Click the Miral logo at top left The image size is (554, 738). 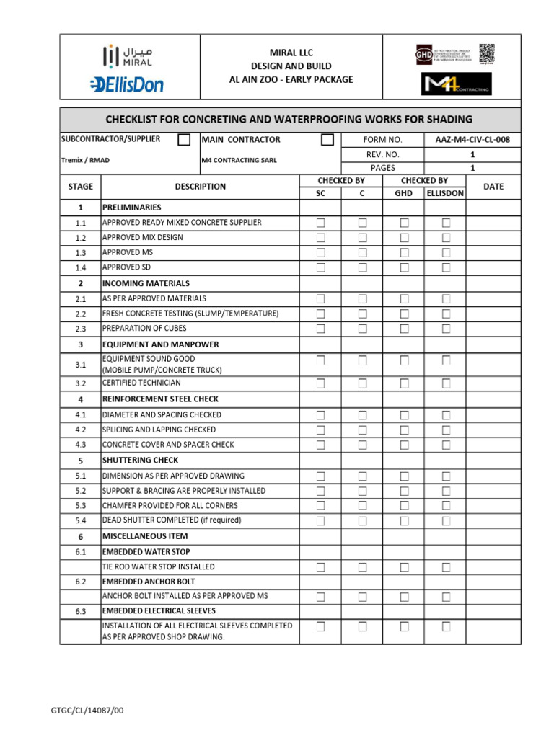coord(127,57)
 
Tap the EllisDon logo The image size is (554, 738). coord(127,84)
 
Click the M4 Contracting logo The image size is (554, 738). coord(456,84)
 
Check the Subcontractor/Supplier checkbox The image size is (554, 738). coord(184,140)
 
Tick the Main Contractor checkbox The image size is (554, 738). coord(327,140)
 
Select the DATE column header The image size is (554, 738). coord(493,187)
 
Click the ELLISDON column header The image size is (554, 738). coord(445,193)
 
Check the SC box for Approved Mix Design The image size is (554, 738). coord(321,237)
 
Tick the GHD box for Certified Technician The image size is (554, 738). coord(405,383)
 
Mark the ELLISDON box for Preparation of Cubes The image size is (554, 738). coord(446,329)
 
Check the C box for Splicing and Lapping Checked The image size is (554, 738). coord(362,430)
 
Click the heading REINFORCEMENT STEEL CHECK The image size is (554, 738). coord(160,399)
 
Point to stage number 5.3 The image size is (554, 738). coord(80,506)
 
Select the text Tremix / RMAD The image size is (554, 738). coord(85,160)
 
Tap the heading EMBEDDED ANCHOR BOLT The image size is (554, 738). coord(149,582)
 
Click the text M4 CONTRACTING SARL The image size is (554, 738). coord(238,160)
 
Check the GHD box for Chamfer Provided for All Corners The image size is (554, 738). coord(405,506)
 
